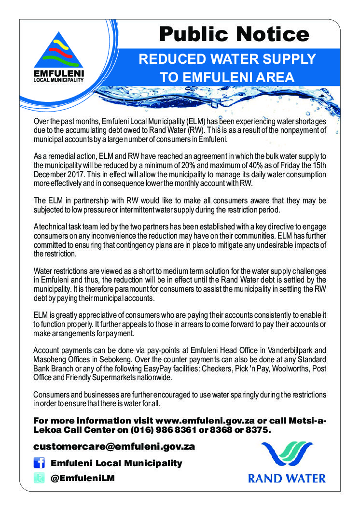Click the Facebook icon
click(39, 463)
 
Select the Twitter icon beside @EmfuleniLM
click(39, 478)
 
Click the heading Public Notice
click(234, 34)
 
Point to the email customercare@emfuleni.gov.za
click(114, 446)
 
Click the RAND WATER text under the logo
click(287, 479)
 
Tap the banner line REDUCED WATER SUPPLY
click(227, 59)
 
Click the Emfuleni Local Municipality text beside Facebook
click(116, 463)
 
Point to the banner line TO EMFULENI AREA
click(227, 77)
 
